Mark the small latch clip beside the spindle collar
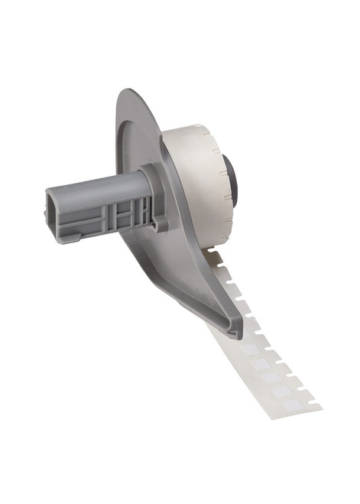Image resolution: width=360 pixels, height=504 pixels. coord(161,223)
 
